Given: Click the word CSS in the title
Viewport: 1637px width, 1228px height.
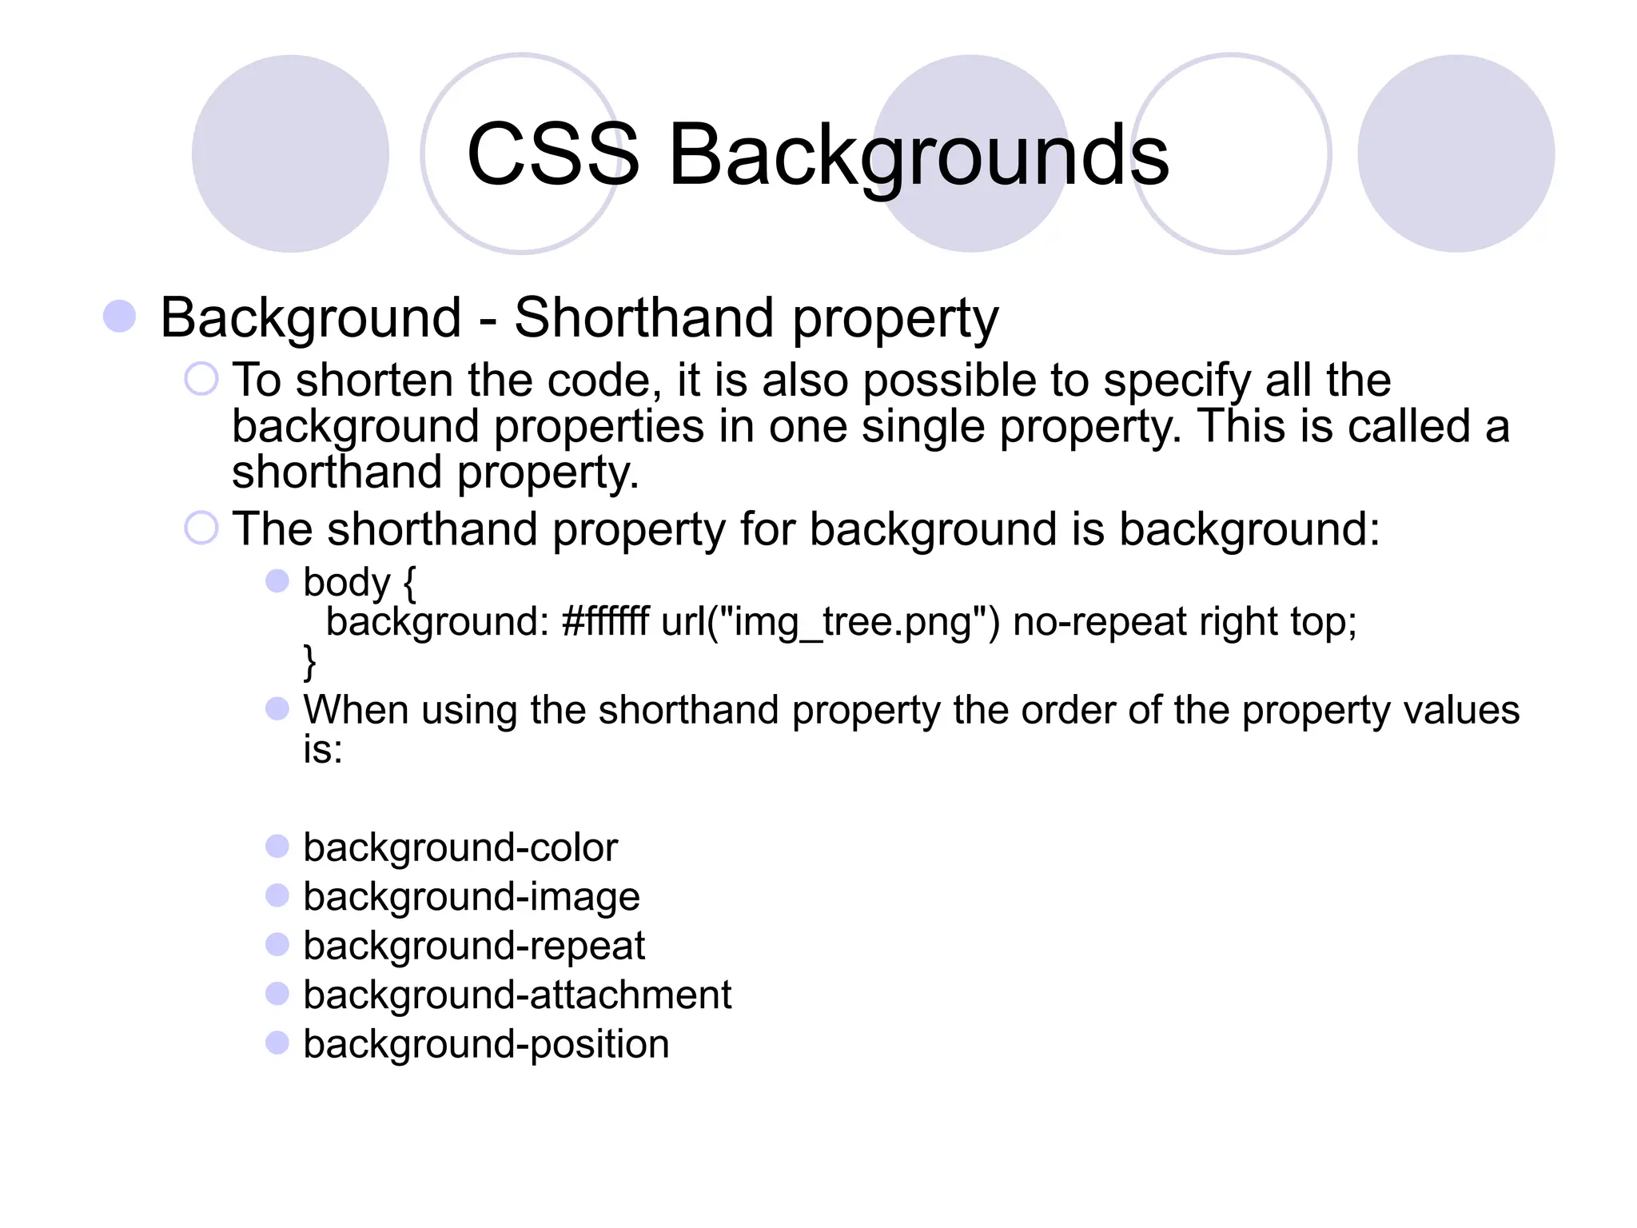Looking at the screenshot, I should [553, 154].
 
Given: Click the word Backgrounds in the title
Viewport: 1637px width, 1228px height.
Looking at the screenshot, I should [918, 156].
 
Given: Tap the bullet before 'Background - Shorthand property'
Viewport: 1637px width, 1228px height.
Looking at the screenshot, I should [120, 317].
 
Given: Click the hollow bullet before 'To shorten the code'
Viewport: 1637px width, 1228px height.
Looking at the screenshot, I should [201, 379].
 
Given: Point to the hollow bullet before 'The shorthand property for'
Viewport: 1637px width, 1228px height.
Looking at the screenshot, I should [201, 528].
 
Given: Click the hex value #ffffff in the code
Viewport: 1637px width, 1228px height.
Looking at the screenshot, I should [606, 621].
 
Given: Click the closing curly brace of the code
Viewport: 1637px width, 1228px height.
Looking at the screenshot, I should [309, 662].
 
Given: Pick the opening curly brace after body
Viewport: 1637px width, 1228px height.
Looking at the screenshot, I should [409, 583].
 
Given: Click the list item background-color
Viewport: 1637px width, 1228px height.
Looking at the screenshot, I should [460, 847].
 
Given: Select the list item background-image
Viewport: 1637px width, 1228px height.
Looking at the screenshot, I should [472, 897].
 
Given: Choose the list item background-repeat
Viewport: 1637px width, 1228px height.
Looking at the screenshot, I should [474, 947].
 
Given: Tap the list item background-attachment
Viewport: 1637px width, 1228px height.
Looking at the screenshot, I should [517, 995].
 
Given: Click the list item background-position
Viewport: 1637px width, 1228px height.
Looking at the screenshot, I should [486, 1045].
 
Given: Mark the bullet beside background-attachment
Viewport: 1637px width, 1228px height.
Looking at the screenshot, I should [277, 994].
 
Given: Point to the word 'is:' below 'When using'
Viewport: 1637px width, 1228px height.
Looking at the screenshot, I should [323, 750].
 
